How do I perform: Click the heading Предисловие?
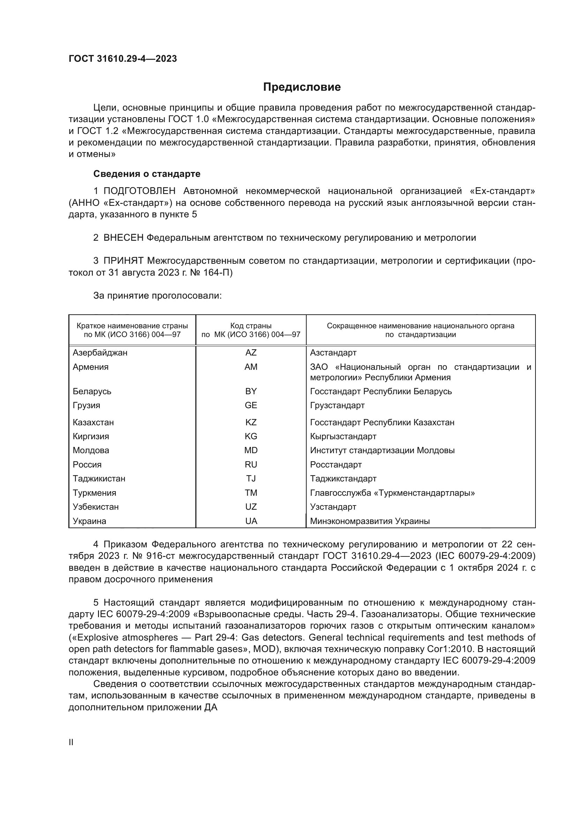[302, 87]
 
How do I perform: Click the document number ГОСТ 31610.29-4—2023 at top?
[122, 59]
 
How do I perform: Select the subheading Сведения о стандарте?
[147, 174]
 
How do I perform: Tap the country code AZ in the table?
[250, 353]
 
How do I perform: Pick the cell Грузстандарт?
[337, 405]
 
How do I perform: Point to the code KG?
[250, 436]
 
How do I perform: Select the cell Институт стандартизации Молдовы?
[382, 450]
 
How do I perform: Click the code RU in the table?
[250, 464]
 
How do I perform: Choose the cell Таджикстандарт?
[343, 478]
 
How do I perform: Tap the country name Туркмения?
[94, 493]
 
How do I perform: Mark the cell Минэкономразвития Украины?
[369, 521]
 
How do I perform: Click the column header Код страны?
[250, 325]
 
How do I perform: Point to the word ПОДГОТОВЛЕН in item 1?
[139, 191]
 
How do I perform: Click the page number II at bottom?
[71, 742]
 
